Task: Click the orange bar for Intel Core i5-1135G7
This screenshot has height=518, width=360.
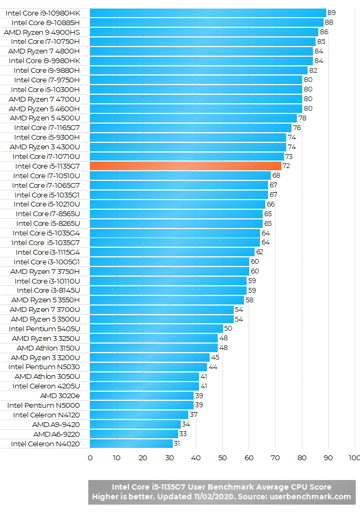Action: coord(185,166)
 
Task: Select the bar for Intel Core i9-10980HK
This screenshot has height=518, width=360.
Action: coord(208,12)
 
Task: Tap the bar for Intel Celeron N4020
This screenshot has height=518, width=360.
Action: coord(131,444)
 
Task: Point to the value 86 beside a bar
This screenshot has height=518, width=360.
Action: coord(324,32)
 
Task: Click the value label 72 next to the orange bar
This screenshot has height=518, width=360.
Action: coord(286,166)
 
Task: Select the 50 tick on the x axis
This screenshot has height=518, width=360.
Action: coord(222,458)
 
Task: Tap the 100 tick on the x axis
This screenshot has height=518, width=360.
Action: coord(354,458)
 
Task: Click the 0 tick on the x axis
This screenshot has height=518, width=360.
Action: coord(90,458)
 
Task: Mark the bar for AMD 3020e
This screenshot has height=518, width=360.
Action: coord(141,395)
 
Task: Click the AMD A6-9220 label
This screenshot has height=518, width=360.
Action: coord(57,434)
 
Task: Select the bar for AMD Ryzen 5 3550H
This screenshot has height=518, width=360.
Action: coord(166,300)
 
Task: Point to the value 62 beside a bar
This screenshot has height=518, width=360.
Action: coord(259,252)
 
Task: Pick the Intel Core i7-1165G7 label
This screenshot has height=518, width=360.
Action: coord(47,127)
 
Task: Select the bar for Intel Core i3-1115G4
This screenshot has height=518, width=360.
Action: coord(172,252)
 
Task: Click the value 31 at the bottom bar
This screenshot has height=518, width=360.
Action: coord(178,444)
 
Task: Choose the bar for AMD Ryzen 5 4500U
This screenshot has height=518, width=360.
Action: coord(193,118)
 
